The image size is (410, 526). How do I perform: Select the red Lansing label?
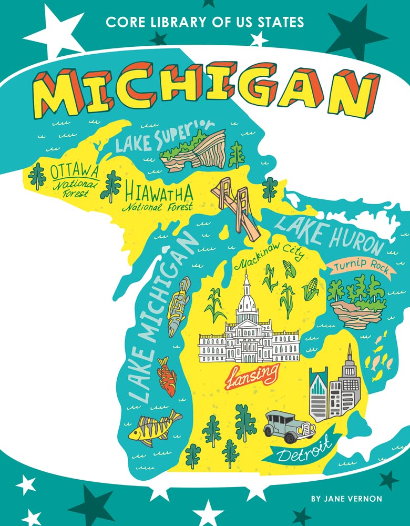[x=252, y=376]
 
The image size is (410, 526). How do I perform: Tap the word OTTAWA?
[x=75, y=171]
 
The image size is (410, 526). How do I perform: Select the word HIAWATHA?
[x=159, y=193]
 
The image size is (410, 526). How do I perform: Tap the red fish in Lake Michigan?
[x=167, y=376]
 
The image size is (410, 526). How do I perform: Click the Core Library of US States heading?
[x=205, y=23]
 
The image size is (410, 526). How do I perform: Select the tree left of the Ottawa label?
[x=37, y=176]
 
